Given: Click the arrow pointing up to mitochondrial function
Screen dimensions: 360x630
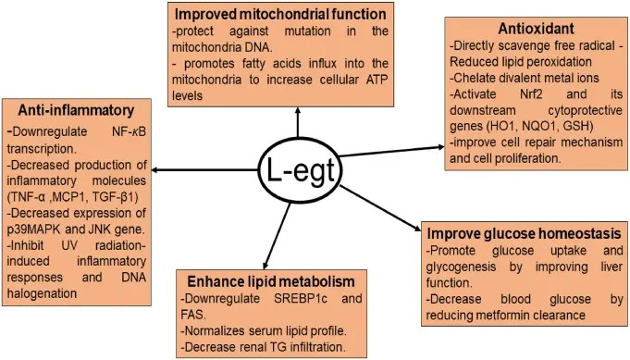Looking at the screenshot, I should (299, 120).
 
